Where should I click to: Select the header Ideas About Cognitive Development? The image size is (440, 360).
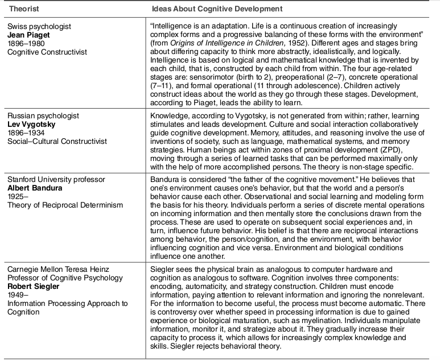point(216,10)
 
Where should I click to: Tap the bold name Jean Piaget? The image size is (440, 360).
point(28,35)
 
